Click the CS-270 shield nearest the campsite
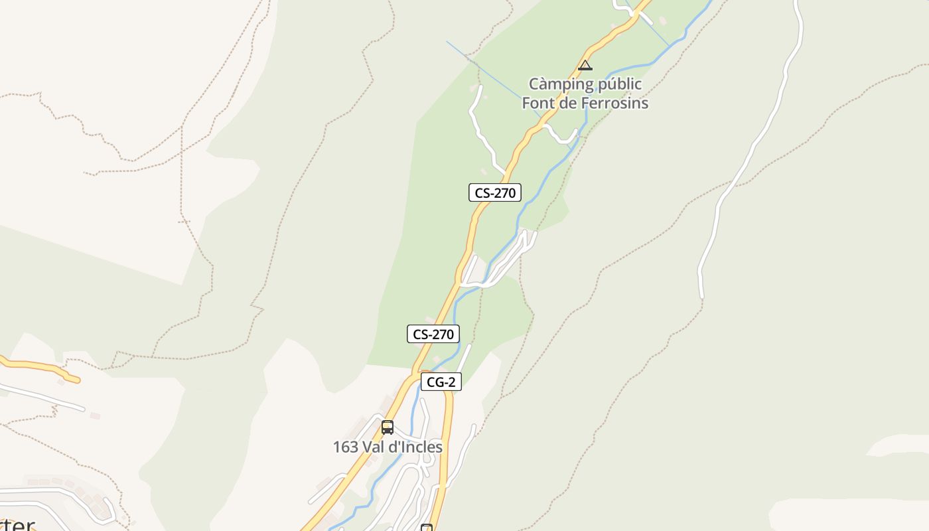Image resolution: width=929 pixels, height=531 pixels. coord(494,193)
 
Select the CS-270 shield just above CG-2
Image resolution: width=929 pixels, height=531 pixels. coord(433,335)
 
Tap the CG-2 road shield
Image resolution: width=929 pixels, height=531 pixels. coord(441,382)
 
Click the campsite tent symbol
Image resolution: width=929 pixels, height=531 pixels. coord(585,65)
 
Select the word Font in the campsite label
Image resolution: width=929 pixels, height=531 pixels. coord(538,104)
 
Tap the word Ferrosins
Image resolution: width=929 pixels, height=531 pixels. coord(614,104)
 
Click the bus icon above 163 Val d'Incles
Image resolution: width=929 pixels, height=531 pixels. coord(388,427)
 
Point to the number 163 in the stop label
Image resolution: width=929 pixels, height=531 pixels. coord(345,447)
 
